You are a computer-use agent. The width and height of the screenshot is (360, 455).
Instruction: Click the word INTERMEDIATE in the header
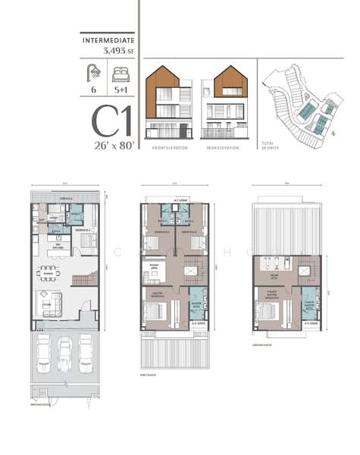coord(107,38)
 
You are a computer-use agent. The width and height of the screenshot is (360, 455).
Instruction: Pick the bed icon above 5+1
coord(120,74)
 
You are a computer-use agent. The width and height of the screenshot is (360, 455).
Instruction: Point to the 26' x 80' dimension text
coord(114,145)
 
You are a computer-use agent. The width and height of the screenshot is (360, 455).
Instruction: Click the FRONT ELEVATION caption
coord(169,147)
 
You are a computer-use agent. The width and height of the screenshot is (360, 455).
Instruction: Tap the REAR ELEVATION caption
coord(222,147)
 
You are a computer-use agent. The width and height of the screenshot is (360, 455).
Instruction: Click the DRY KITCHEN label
coord(54,245)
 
